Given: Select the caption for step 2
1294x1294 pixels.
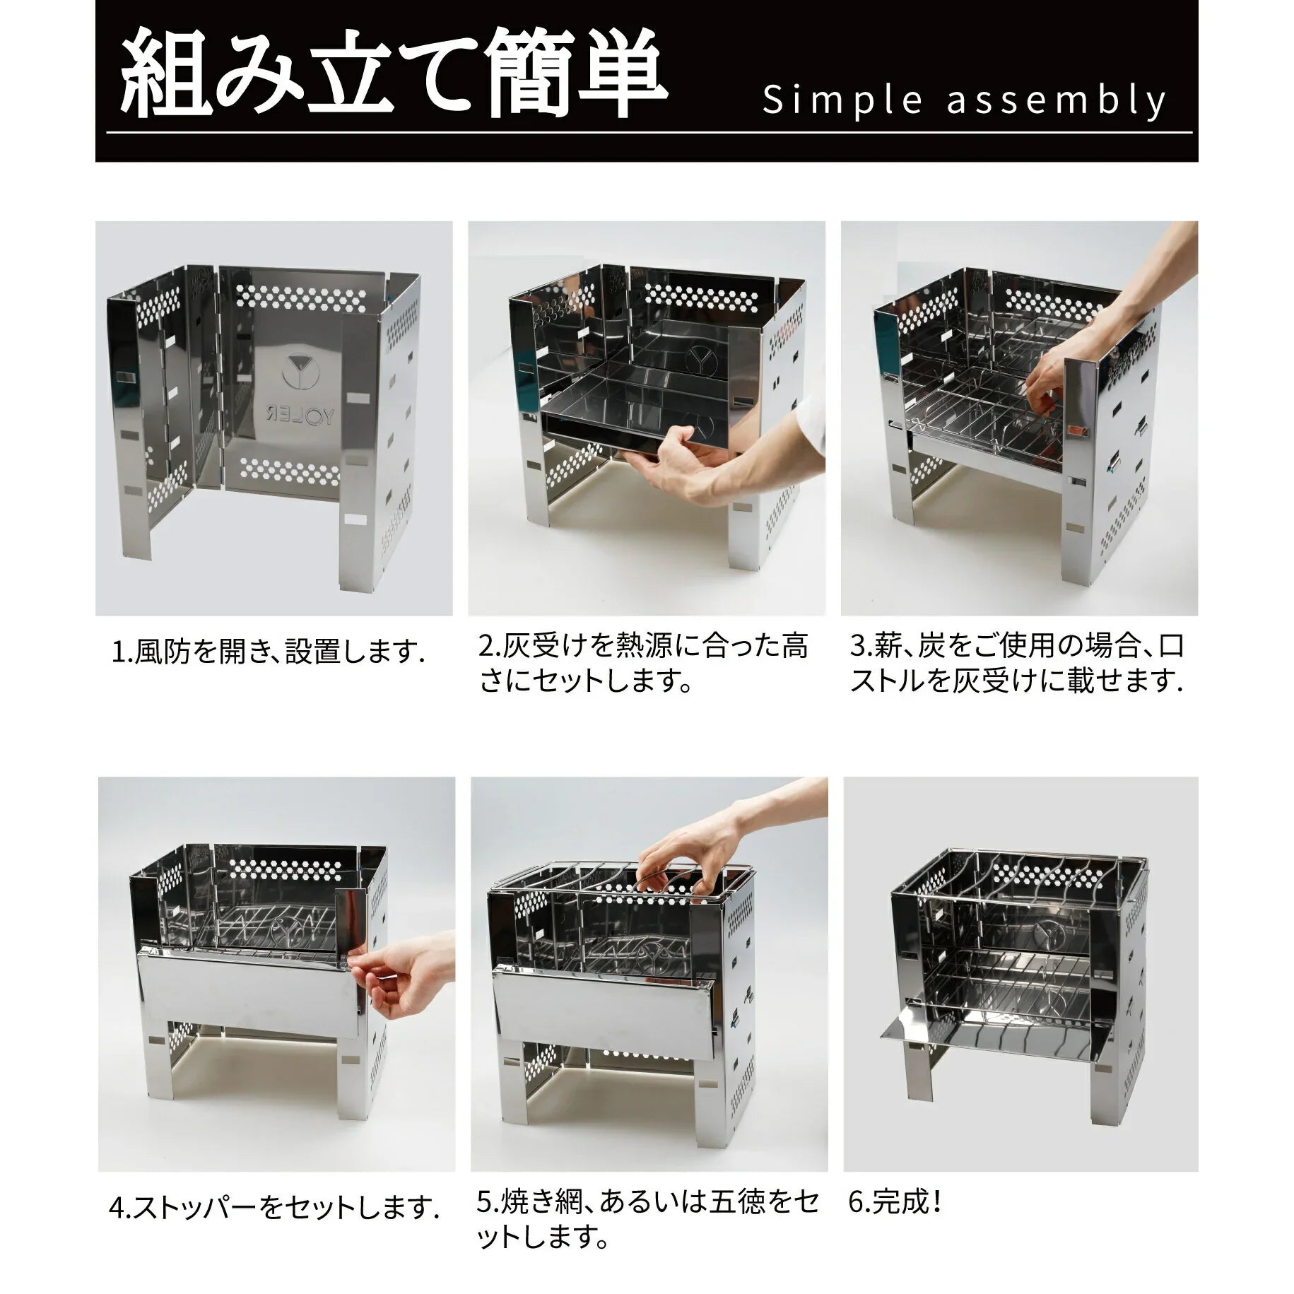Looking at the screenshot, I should (x=643, y=665).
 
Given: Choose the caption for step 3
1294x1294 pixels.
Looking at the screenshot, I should (x=1016, y=665).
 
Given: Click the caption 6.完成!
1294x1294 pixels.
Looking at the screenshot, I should (x=894, y=1202).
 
